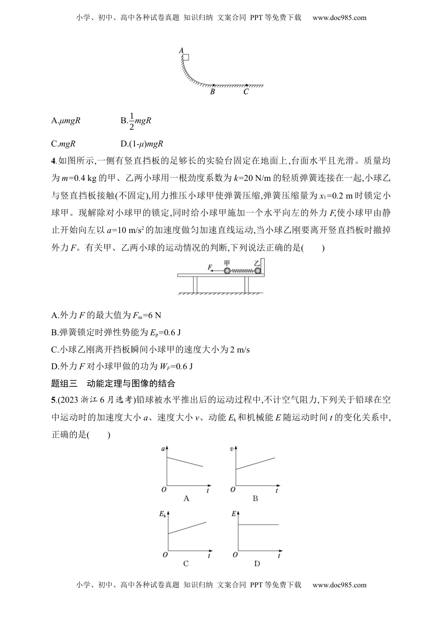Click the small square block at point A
click(x=186, y=57)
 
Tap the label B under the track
click(x=212, y=92)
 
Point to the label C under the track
click(x=246, y=92)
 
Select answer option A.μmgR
click(x=66, y=120)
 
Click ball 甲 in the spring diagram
click(x=227, y=271)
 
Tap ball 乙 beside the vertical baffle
click(x=257, y=271)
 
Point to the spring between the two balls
click(x=242, y=271)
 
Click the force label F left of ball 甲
click(x=210, y=267)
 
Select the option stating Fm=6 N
click(x=106, y=315)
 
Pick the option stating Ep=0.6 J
click(x=116, y=332)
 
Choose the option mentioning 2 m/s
click(x=150, y=349)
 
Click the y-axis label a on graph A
click(x=163, y=449)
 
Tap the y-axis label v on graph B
click(x=232, y=449)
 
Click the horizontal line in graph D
click(x=258, y=525)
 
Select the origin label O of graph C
click(x=164, y=555)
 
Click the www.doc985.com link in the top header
click(x=339, y=18)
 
